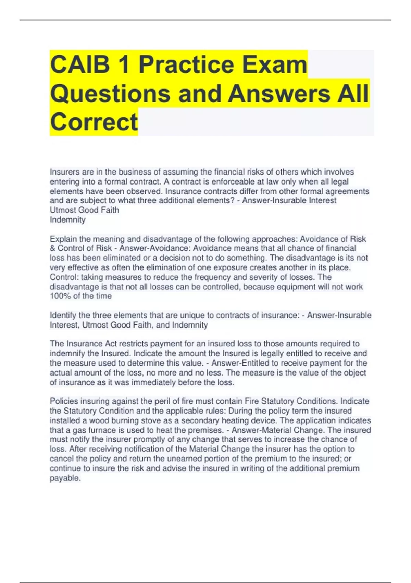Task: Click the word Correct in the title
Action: coord(94,122)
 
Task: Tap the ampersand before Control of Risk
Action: coord(52,248)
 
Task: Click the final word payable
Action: coord(65,478)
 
